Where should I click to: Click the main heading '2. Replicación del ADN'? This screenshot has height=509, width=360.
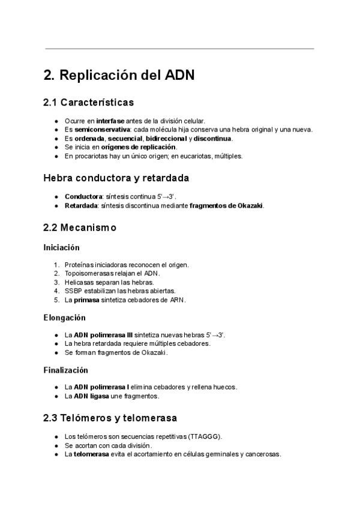click(119, 76)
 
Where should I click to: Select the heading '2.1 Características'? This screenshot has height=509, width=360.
click(88, 103)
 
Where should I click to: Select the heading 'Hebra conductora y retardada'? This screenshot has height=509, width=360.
click(116, 178)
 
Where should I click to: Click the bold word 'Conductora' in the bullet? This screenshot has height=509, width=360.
click(83, 196)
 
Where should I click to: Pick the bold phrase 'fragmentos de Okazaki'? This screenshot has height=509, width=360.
click(226, 205)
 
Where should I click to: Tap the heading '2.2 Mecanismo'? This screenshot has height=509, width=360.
click(80, 228)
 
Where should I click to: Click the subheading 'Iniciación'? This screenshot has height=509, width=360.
click(61, 247)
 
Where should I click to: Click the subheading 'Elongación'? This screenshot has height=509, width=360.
click(64, 317)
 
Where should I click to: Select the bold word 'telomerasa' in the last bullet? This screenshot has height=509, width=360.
click(91, 454)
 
